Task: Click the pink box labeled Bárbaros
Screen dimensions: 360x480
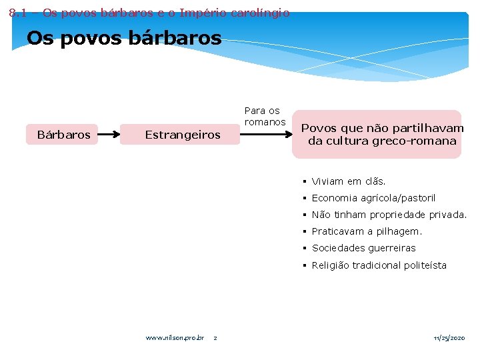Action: (64, 135)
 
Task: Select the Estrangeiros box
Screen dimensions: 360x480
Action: (182, 135)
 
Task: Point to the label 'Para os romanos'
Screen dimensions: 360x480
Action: (264, 116)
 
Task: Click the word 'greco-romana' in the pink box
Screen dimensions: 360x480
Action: (416, 141)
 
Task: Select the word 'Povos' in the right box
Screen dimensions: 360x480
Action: (319, 128)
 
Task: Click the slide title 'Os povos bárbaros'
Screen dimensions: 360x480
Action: (124, 39)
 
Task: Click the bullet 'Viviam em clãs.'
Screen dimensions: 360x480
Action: (349, 181)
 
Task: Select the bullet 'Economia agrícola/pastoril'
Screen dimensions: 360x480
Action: (373, 198)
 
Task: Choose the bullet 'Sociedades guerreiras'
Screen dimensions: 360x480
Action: (363, 248)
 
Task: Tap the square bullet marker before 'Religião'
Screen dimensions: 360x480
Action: (303, 265)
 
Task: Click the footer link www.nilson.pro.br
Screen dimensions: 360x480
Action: (175, 338)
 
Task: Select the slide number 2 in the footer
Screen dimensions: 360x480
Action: (215, 338)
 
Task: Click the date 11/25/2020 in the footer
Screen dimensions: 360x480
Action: (449, 338)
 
